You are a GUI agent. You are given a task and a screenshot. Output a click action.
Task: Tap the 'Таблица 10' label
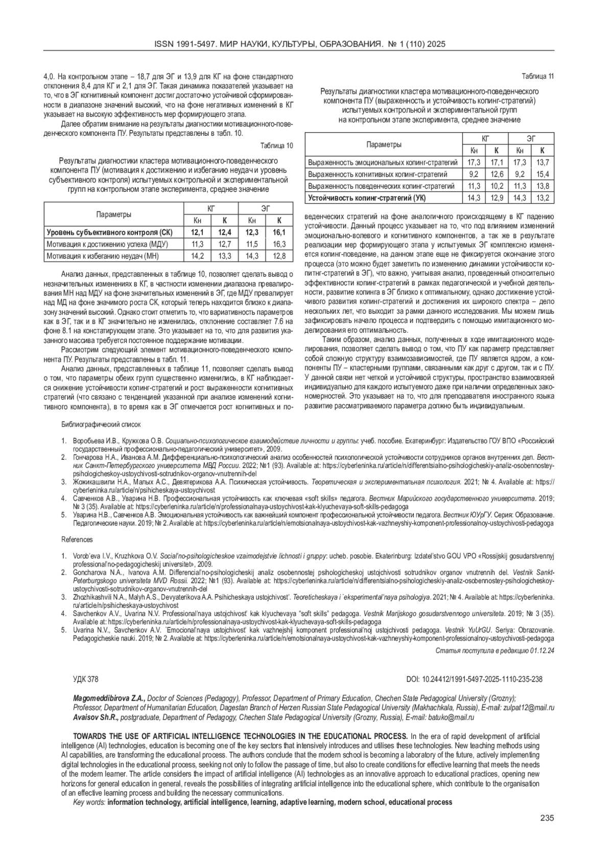277,145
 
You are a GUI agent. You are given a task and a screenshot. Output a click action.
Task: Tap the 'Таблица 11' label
537,77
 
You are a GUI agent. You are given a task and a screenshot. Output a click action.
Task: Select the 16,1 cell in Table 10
279,233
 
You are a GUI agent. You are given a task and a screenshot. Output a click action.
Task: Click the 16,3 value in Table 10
279,244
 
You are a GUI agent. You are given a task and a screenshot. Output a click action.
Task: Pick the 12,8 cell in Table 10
279,256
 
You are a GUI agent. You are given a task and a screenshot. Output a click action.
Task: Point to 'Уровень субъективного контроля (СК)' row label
109,233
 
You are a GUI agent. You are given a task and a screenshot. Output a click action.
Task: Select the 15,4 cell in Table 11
542,175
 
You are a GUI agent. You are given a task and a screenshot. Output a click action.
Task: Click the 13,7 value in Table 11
542,163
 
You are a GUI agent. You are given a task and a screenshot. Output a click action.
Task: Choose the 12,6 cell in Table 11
497,175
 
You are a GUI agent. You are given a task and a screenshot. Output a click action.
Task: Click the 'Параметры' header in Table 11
384,144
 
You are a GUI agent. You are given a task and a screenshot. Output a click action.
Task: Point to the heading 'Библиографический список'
101,425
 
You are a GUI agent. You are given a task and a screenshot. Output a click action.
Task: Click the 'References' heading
77,539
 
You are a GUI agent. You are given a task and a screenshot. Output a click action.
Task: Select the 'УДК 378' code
86,679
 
